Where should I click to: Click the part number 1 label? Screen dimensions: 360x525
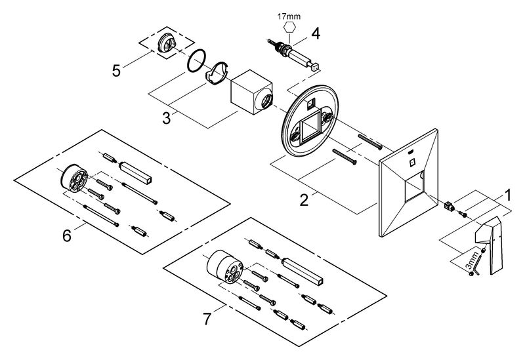[x=507, y=195]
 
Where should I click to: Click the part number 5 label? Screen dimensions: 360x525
[x=116, y=70]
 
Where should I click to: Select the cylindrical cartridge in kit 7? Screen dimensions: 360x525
[x=223, y=266]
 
